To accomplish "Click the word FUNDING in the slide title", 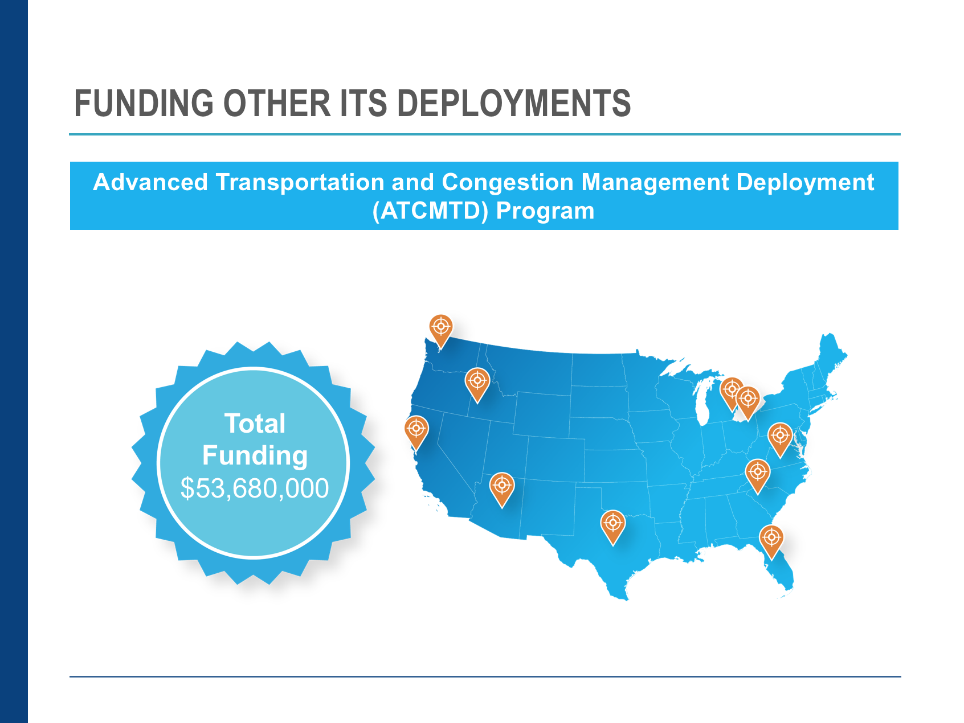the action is (144, 104).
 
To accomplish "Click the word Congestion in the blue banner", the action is (508, 183).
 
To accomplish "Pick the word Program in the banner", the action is (545, 211).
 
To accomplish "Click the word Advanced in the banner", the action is (150, 183).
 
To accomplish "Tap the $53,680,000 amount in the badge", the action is (255, 488).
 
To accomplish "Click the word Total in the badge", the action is (255, 424).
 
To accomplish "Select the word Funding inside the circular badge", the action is (255, 456).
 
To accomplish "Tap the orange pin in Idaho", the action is (477, 384).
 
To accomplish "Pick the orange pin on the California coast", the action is (416, 431).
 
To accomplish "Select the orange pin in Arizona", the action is (502, 488).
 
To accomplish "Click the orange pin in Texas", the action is (613, 525).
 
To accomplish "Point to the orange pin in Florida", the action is (771, 540).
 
